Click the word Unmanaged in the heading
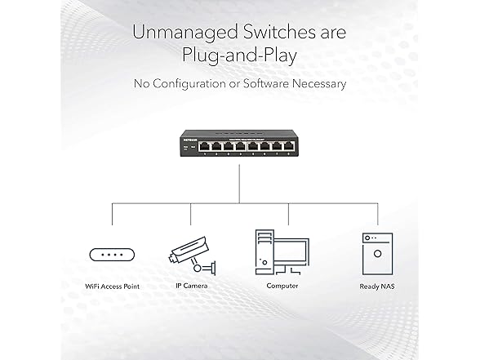pos(184,32)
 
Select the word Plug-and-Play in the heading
pos(239,56)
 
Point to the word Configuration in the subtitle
pos(189,84)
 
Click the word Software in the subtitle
pos(265,83)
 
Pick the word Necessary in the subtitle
pos(318,84)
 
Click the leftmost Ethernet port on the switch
pos(204,146)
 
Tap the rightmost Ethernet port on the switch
pos(288,146)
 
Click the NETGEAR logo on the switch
pos(190,140)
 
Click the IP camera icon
pos(192,256)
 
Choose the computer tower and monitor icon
pos(282,252)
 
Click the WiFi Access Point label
pos(113,287)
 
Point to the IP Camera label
pos(192,286)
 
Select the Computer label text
pos(282,286)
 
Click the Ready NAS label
pos(377,287)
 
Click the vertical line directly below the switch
pos(239,184)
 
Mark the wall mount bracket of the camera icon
pos(213,268)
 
